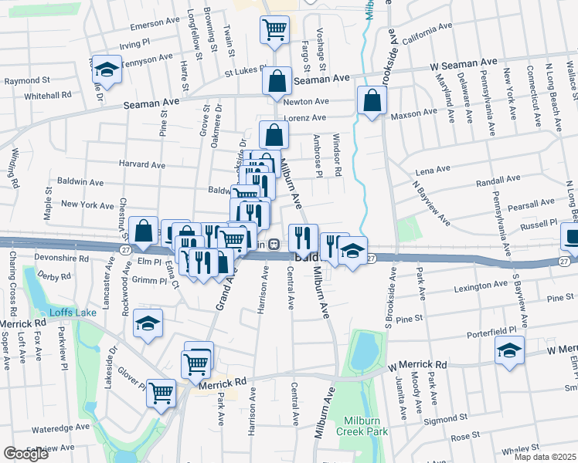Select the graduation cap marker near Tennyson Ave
tap(107, 72)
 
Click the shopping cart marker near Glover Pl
tap(161, 394)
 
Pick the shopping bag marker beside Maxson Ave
tap(372, 101)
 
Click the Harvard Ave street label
tap(142, 164)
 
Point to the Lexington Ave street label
tap(481, 287)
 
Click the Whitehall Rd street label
tap(47, 94)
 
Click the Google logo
tap(26, 454)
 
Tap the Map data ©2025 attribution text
tap(544, 457)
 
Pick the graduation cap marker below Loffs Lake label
tap(148, 325)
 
